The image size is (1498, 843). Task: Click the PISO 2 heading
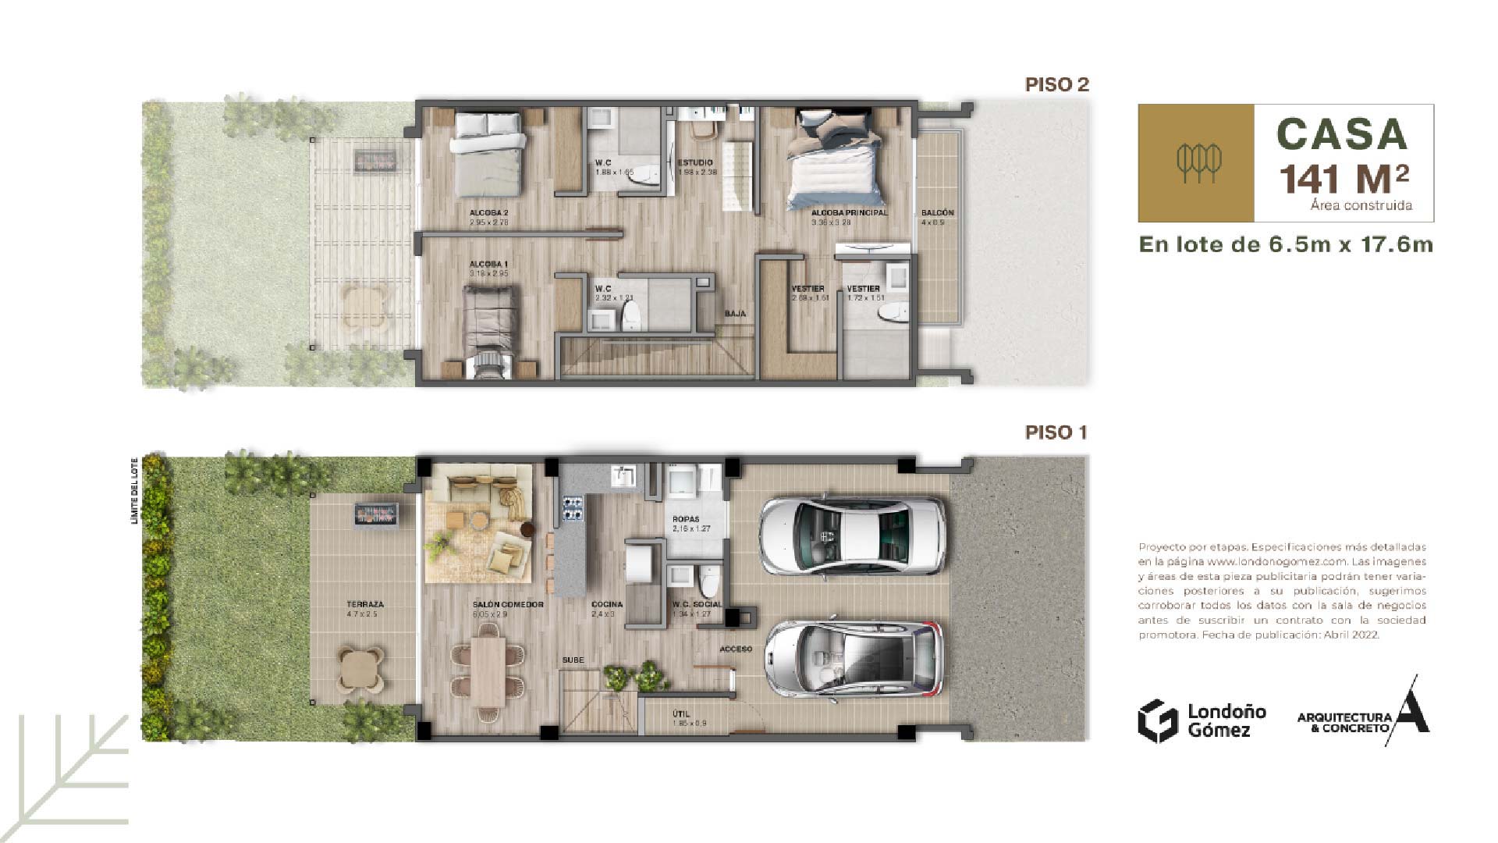pos(1056,84)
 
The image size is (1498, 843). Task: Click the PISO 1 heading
pos(1056,432)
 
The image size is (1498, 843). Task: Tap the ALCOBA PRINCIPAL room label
pos(849,212)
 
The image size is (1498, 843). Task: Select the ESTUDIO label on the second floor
pos(694,163)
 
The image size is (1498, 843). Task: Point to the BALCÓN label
pos(937,212)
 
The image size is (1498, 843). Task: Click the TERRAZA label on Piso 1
pos(365,604)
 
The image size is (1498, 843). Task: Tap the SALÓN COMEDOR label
pos(508,604)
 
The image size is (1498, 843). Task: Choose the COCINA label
pos(606,604)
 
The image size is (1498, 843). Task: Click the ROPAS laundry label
pos(686,519)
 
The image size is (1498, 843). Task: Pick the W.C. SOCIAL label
pos(697,604)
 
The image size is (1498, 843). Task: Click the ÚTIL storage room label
pos(681,713)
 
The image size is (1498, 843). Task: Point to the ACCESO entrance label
pos(736,649)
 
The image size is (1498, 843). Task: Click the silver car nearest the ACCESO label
pos(857,658)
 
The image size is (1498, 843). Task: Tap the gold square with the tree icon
pos(1195,163)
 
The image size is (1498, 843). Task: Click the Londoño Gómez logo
pos(1202,720)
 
